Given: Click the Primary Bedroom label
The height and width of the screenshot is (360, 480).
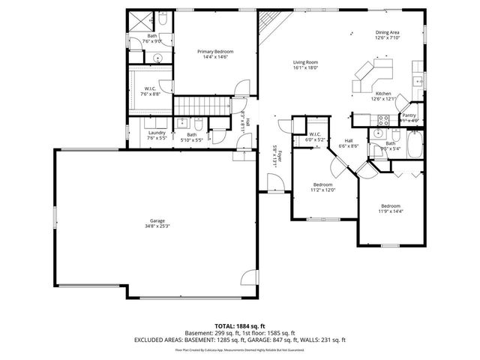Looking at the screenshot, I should [215, 51].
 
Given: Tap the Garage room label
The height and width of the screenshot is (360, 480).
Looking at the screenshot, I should [157, 220].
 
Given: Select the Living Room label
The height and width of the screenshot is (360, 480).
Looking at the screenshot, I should [305, 61].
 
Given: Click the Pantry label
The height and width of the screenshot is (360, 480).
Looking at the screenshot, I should [409, 115].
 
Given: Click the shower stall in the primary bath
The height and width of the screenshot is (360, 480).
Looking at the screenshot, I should [136, 23].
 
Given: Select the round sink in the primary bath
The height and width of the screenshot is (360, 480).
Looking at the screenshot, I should [157, 58].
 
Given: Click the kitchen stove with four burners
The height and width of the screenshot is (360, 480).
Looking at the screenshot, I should [382, 118].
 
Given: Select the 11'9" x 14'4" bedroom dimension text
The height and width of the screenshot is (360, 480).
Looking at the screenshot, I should [390, 211].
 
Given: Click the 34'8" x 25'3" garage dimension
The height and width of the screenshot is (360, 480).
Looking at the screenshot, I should [157, 226].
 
